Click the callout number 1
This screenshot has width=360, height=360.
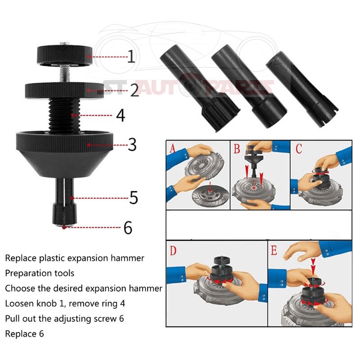[131, 57]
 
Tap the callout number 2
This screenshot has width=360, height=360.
[135, 90]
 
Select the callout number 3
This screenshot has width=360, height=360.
[132, 144]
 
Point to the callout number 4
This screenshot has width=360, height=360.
[121, 115]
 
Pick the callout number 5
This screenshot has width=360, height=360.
[134, 198]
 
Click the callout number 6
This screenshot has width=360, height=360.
[128, 228]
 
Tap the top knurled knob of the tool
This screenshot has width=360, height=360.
[64, 56]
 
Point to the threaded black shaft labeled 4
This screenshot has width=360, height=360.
[64, 115]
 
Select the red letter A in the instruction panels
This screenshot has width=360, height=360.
[172, 148]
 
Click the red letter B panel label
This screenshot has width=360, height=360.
[237, 148]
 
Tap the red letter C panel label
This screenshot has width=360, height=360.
[299, 148]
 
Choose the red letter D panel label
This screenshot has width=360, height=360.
[173, 251]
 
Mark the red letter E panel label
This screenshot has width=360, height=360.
[274, 250]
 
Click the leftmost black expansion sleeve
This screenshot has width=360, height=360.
[200, 88]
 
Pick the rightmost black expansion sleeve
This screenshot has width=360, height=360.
[302, 90]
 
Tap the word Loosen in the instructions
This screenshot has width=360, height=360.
[18, 303]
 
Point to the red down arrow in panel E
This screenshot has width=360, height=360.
[313, 266]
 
